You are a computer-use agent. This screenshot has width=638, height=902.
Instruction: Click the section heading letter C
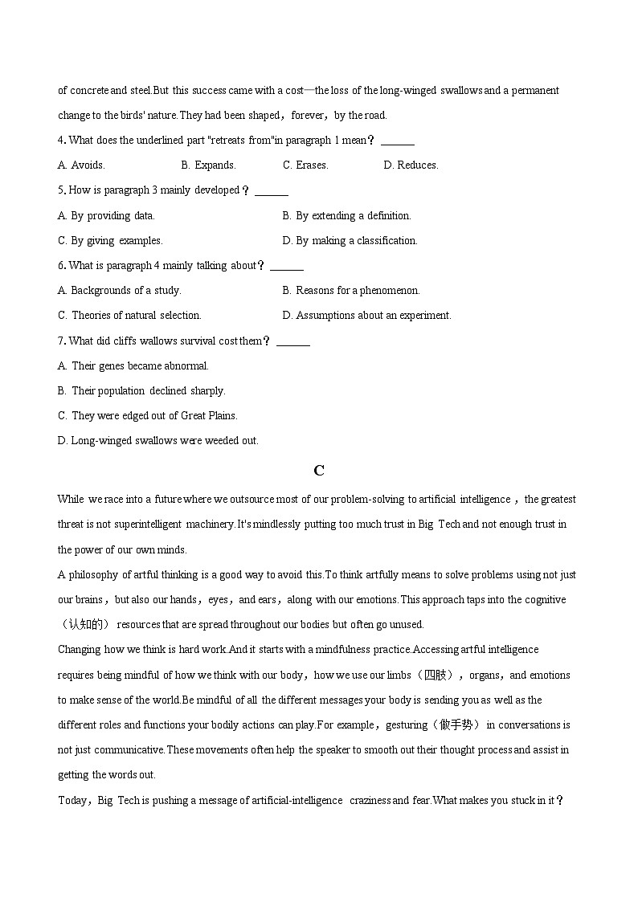(319, 471)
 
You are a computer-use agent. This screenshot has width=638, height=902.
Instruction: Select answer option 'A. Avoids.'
(81, 165)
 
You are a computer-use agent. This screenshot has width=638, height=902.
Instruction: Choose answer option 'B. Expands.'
(208, 165)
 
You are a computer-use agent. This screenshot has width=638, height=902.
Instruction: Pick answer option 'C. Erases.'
(305, 165)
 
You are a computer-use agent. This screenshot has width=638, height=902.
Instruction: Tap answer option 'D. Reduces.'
(411, 165)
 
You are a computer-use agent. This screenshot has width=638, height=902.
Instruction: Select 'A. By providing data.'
(106, 215)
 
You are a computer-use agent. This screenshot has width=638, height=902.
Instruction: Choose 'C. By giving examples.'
(110, 240)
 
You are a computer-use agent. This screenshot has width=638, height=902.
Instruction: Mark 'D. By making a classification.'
(350, 240)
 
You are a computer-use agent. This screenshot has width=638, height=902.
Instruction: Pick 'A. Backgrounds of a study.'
(119, 290)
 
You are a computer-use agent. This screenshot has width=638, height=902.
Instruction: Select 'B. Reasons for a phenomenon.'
(351, 290)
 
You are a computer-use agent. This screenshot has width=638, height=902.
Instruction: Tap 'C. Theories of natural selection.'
(129, 315)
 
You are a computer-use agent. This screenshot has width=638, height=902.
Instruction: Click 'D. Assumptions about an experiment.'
(366, 315)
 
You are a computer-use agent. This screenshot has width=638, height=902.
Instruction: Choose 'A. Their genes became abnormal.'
(133, 365)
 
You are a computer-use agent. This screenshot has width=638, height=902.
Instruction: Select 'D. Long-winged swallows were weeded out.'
(157, 440)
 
